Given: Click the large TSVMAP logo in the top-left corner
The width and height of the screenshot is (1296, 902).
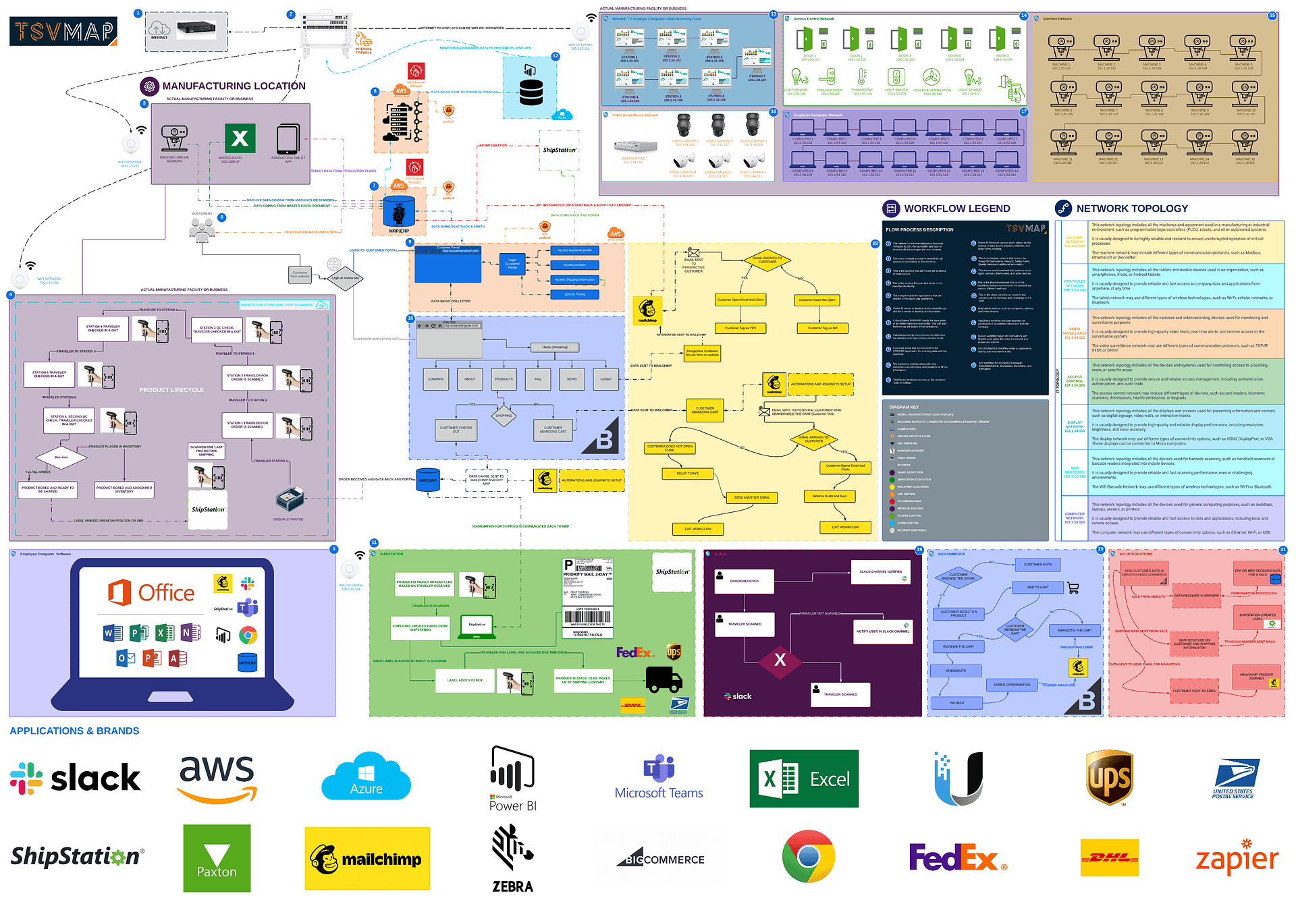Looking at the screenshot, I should (x=63, y=31).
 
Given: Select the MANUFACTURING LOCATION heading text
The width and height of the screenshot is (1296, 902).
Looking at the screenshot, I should (x=234, y=86).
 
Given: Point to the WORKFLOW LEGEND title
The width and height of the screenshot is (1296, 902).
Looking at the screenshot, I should (x=956, y=208).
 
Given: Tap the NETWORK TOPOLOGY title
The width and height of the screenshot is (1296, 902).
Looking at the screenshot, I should (x=1132, y=208).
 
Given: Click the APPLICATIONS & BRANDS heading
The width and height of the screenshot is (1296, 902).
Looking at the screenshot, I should (x=74, y=731).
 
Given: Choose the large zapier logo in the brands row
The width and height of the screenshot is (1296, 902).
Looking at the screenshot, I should (x=1237, y=858).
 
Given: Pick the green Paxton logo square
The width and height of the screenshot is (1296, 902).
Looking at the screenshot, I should (x=217, y=858).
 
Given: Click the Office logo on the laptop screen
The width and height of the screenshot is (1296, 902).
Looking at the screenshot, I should (x=152, y=592).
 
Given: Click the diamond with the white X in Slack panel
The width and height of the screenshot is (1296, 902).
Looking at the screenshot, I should (x=780, y=660).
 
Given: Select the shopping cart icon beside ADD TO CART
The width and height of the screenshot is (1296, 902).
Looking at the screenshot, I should (x=1073, y=588).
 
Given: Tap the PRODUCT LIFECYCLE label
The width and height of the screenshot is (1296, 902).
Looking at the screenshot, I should (x=171, y=390).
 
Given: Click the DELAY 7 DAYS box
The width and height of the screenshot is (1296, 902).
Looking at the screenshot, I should (x=687, y=474).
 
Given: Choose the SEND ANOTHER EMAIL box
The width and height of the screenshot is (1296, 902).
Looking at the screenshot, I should (x=751, y=497).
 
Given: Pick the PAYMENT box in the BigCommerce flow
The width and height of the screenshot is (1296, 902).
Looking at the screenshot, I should (x=957, y=703).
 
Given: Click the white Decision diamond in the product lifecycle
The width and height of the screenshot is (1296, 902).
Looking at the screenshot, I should (x=61, y=457).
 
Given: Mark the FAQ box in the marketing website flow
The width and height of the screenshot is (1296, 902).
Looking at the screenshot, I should (x=538, y=379).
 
